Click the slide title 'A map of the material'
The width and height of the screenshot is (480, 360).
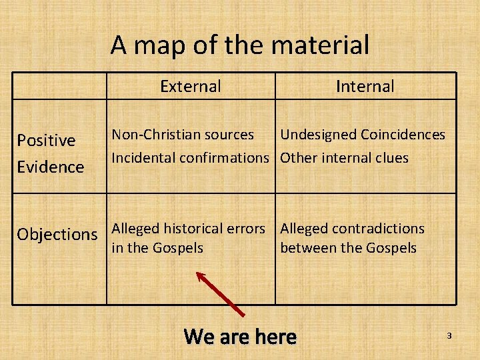pyautogui.click(x=239, y=45)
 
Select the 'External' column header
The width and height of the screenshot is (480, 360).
pyautogui.click(x=191, y=86)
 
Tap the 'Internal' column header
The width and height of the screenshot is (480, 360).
pyautogui.click(x=365, y=86)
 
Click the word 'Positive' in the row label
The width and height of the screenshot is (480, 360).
pyautogui.click(x=46, y=141)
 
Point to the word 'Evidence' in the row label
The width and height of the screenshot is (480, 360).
pyautogui.click(x=51, y=167)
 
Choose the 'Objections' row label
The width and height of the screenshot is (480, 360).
pyautogui.click(x=57, y=235)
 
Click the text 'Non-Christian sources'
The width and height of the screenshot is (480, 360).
pyautogui.click(x=183, y=135)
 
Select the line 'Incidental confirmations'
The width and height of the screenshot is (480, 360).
pyautogui.click(x=189, y=158)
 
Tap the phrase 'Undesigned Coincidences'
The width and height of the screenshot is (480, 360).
pyautogui.click(x=362, y=135)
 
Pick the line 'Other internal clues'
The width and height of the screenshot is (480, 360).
pyautogui.click(x=344, y=158)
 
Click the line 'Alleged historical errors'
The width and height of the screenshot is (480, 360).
pyautogui.click(x=188, y=229)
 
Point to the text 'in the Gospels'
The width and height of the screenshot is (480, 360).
pyautogui.click(x=157, y=248)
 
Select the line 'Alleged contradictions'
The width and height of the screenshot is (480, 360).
pyautogui.click(x=352, y=229)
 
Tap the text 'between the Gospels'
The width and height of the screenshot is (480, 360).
pyautogui.click(x=348, y=248)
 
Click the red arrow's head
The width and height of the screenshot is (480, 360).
pyautogui.click(x=200, y=275)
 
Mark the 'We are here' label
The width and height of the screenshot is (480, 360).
pyautogui.click(x=240, y=336)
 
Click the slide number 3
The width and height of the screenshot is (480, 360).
pyautogui.click(x=449, y=336)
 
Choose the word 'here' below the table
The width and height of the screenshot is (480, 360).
pyautogui.click(x=274, y=336)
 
